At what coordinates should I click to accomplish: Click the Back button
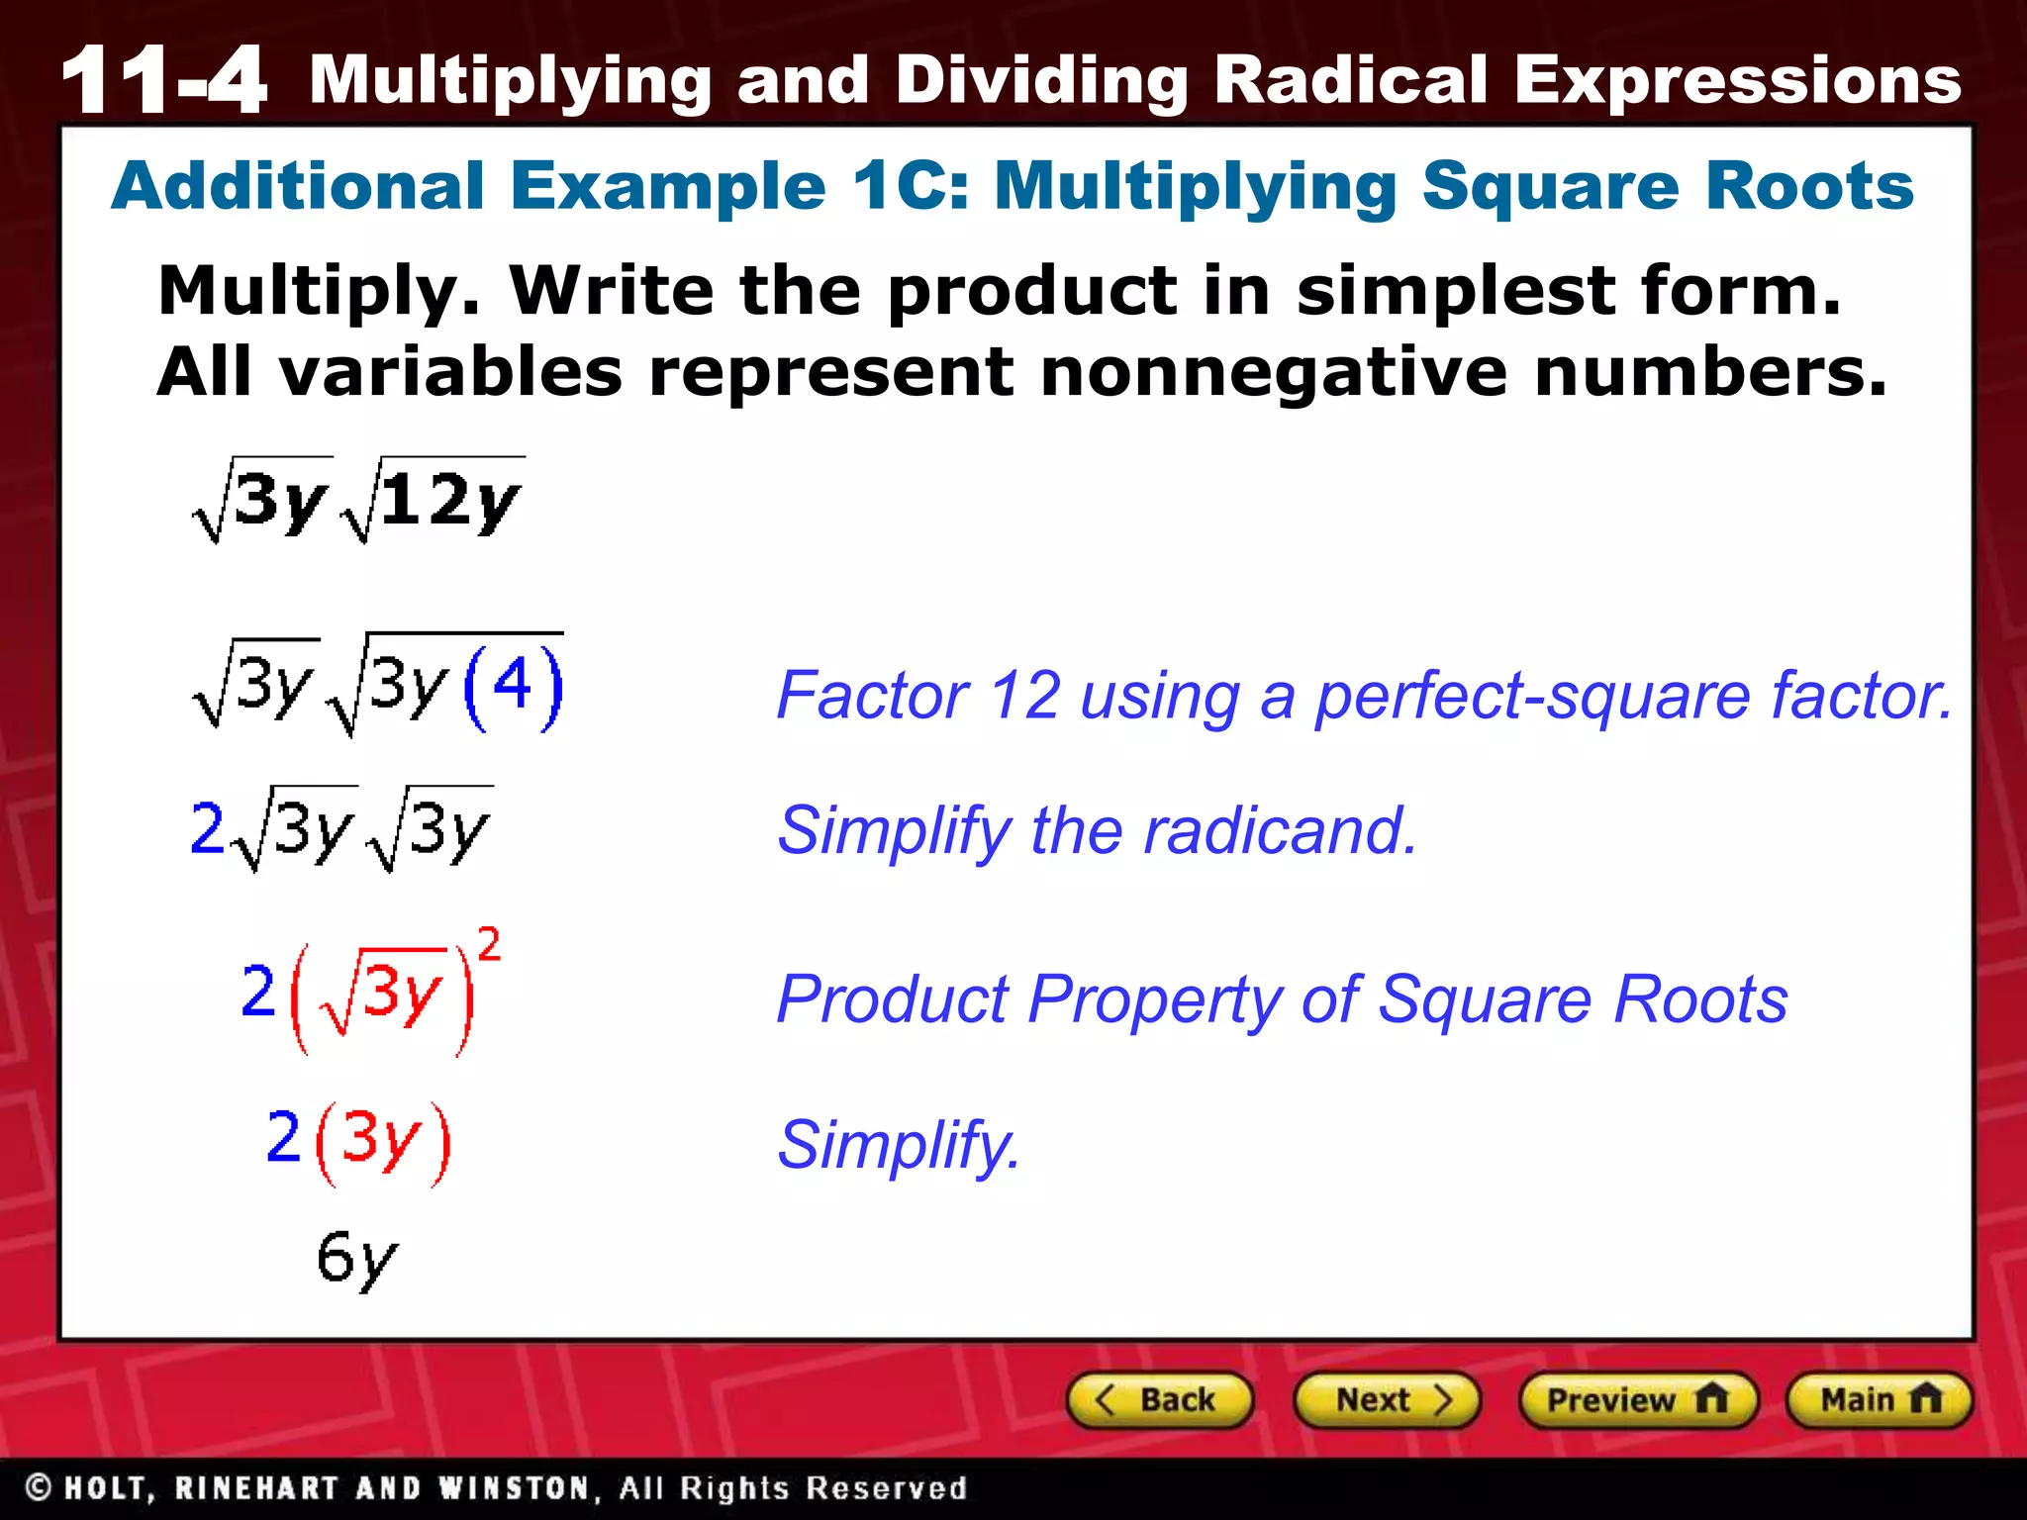[1159, 1400]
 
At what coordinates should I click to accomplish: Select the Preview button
[1637, 1400]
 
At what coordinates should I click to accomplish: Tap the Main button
[1879, 1400]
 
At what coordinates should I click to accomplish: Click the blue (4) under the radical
[513, 686]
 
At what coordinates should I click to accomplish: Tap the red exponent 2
[489, 944]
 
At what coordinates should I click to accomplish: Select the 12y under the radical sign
[450, 501]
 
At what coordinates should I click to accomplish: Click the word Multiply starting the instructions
[319, 292]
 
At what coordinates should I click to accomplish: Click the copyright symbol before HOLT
[39, 1487]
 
